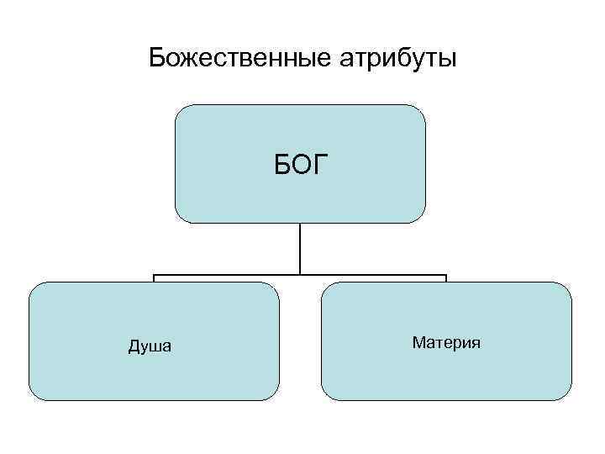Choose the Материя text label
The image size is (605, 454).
click(x=446, y=342)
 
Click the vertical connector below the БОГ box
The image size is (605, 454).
click(x=300, y=249)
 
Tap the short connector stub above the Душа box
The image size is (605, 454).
click(x=154, y=278)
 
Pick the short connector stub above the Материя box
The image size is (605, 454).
click(x=445, y=278)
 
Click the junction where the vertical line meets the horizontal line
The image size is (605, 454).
click(x=300, y=274)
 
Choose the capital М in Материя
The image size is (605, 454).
click(x=418, y=342)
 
